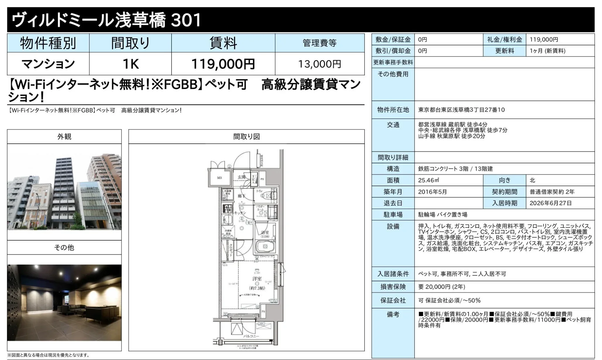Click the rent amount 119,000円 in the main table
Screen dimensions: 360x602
coord(223,64)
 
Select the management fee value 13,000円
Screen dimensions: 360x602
coord(319,64)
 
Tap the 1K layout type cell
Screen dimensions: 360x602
coord(130,64)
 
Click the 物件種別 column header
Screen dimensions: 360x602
coord(48,43)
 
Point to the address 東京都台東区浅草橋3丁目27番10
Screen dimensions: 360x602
coord(461,110)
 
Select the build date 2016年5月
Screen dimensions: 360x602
coord(432,192)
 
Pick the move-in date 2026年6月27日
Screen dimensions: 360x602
coord(550,203)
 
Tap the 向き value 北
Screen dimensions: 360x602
coord(532,180)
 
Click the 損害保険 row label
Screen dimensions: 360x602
coord(393,287)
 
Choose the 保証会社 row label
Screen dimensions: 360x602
coord(393,301)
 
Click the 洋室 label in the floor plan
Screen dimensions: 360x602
coord(257,279)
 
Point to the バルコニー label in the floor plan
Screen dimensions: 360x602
coord(251,336)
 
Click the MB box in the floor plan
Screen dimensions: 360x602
coord(219,178)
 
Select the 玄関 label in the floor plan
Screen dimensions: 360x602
coord(241,177)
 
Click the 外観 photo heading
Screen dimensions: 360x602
coord(64,137)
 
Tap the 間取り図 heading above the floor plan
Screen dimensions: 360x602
coord(246,137)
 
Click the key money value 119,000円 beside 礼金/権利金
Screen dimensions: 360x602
coord(544,40)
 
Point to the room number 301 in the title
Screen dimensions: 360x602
coord(186,20)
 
